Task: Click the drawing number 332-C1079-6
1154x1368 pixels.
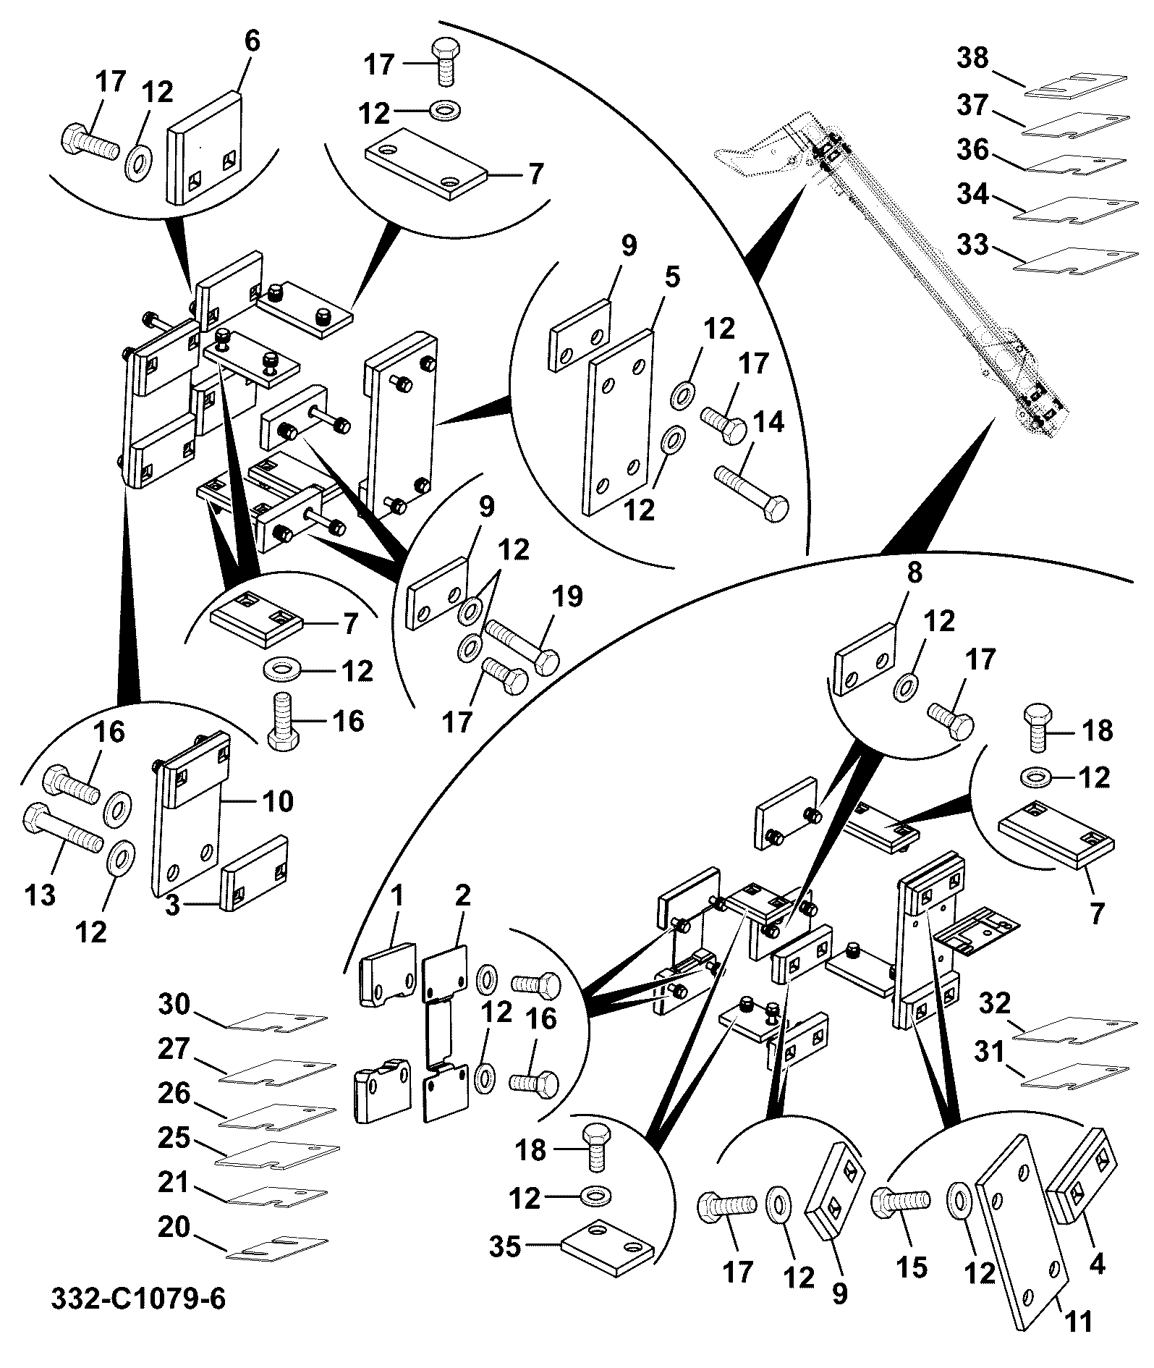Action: click(x=138, y=1298)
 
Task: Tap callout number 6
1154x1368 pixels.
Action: click(x=251, y=41)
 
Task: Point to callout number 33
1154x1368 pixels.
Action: click(x=972, y=244)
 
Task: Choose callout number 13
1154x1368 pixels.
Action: click(x=40, y=895)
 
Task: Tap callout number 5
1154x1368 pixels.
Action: click(x=672, y=277)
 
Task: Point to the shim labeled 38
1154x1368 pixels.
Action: click(x=1077, y=85)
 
